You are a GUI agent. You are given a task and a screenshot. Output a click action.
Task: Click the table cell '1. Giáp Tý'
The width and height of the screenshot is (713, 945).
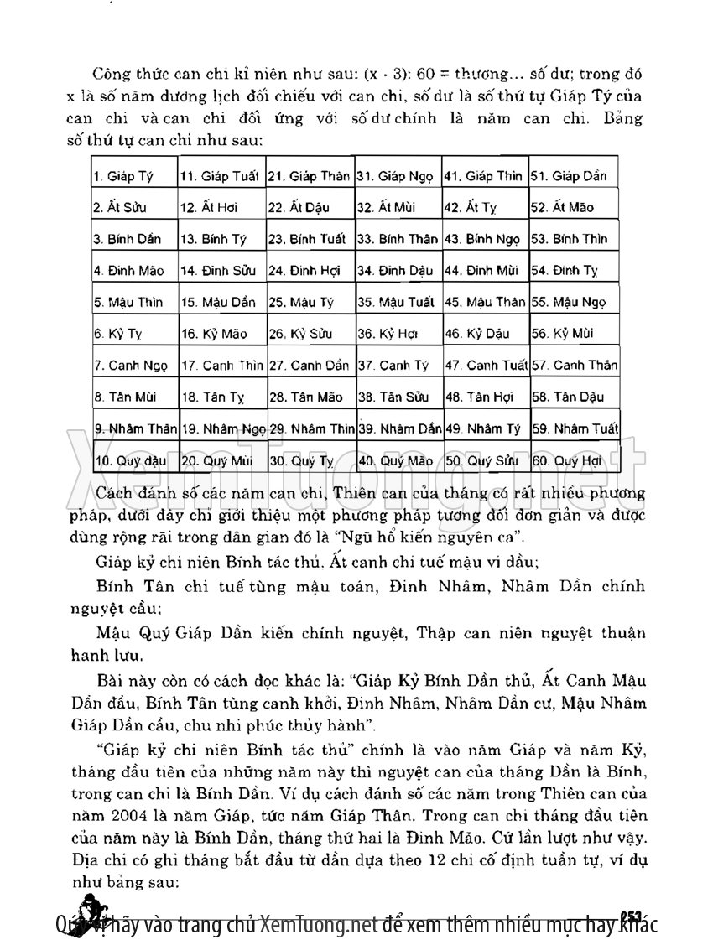tap(134, 177)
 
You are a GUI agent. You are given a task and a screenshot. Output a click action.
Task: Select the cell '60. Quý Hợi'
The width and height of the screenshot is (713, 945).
tap(574, 460)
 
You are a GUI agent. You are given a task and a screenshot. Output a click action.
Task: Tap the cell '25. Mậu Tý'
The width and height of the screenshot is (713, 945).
tap(310, 302)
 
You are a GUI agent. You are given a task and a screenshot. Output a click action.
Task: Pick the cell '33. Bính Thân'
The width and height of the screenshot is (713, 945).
tap(398, 239)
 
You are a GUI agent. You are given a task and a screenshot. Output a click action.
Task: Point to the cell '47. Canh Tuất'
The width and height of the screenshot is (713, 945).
tap(487, 366)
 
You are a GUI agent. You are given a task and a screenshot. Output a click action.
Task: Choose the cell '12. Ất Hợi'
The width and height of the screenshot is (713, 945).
tap(222, 208)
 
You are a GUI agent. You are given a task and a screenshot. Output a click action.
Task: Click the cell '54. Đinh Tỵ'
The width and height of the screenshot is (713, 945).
tap(574, 271)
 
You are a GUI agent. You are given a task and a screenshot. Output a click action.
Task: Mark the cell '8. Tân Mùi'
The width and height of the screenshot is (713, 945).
tap(134, 397)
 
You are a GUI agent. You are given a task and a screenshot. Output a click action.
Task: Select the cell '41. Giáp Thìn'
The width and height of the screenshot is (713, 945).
tap(487, 177)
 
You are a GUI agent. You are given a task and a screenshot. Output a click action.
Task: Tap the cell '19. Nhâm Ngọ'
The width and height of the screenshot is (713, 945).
tap(222, 428)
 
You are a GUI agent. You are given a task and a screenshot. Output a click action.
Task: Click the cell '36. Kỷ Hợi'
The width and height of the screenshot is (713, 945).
tap(398, 334)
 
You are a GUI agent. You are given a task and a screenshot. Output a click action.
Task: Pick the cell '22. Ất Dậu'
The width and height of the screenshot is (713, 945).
tap(310, 208)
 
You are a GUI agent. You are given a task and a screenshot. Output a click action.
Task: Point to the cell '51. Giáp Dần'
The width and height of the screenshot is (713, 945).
tap(574, 177)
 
